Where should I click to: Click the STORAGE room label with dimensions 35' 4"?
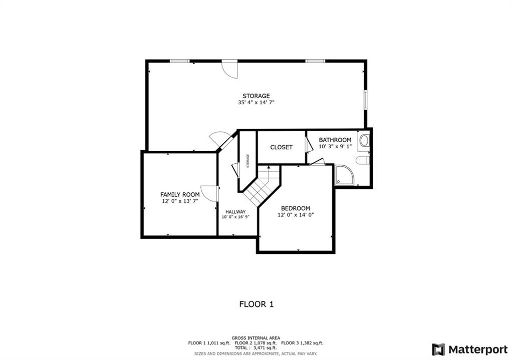pos(256,96)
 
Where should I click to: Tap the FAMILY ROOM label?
pos(180,195)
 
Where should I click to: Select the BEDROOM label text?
pos(296,208)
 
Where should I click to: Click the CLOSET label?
pos(282,148)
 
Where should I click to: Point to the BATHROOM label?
pos(335,140)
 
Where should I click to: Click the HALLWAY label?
pos(235,212)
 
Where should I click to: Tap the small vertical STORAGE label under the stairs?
pos(247,161)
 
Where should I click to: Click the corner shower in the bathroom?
pos(344,175)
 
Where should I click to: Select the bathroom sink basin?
pos(364,141)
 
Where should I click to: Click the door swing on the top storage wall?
pos(229,69)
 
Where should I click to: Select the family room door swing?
pos(209,194)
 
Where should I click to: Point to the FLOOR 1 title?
pos(256,304)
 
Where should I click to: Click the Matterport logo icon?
pos(438,349)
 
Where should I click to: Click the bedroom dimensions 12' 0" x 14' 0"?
pos(296,215)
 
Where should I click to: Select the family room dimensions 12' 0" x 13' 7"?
pos(180,201)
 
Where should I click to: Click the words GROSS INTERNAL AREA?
pos(256,338)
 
